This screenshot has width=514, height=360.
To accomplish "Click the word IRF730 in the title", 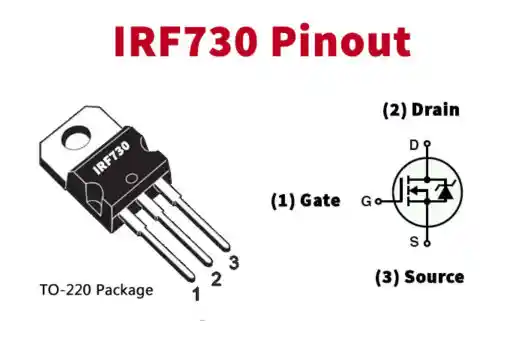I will click(186, 42).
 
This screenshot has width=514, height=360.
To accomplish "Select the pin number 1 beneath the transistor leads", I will click(196, 294).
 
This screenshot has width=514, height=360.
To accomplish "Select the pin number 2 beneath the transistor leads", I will click(215, 279).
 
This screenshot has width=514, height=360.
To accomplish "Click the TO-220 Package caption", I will click(96, 290).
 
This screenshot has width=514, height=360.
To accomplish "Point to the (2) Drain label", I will click(420, 110).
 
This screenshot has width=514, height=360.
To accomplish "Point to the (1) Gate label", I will click(305, 200).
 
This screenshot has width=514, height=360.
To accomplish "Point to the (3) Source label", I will click(420, 276).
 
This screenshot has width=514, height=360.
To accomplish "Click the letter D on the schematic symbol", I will click(414, 145).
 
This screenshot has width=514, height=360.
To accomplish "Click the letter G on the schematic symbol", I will click(366, 201).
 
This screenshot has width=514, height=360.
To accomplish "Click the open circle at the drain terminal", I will click(427, 145).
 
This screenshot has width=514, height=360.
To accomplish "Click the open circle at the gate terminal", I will click(379, 201).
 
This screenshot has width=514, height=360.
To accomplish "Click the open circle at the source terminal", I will click(427, 243).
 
